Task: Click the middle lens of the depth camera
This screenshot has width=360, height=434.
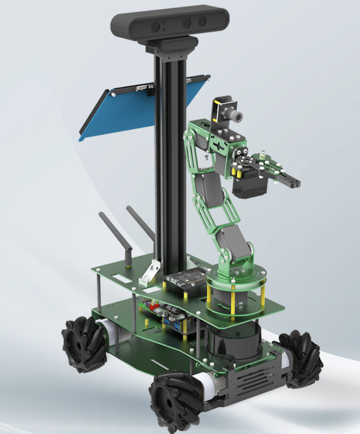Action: [187, 23]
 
